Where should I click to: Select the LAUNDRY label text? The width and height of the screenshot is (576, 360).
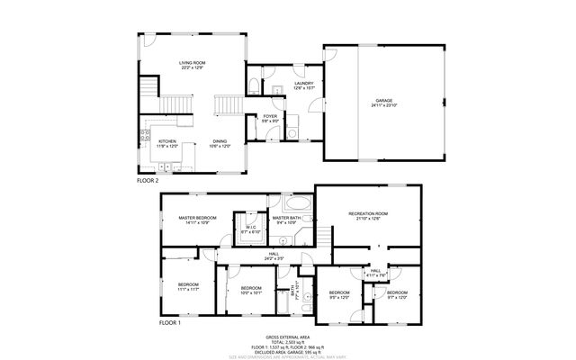pyautogui.click(x=303, y=83)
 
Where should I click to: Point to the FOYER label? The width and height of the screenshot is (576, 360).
pyautogui.click(x=269, y=116)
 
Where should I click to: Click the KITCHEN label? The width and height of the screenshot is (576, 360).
pyautogui.click(x=168, y=141)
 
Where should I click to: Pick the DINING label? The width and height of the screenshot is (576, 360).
pyautogui.click(x=220, y=141)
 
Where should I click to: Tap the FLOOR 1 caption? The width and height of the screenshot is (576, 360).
pyautogui.click(x=170, y=322)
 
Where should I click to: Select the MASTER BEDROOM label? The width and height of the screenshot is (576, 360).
pyautogui.click(x=197, y=218)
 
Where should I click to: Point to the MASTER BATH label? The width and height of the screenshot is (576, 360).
pyautogui.click(x=286, y=218)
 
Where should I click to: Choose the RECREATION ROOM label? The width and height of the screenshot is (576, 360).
pyautogui.click(x=367, y=213)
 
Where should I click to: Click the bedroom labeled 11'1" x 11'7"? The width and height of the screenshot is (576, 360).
pyautogui.click(x=187, y=285)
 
